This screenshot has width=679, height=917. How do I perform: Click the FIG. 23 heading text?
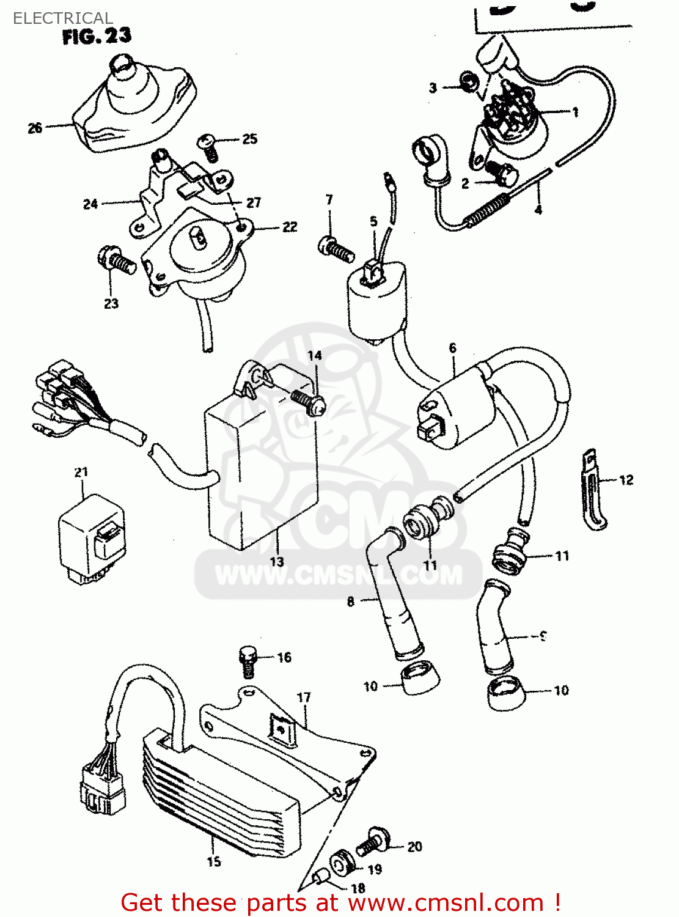pyautogui.click(x=97, y=37)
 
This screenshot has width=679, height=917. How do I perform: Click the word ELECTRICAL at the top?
pyautogui.click(x=62, y=18)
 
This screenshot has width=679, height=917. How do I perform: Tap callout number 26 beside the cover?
pyautogui.click(x=35, y=128)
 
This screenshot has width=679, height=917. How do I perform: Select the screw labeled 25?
pyautogui.click(x=208, y=147)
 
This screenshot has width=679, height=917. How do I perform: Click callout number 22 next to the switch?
pyautogui.click(x=290, y=227)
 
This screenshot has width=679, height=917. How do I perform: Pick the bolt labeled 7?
pyautogui.click(x=336, y=248)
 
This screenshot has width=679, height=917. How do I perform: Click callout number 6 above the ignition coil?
pyautogui.click(x=452, y=348)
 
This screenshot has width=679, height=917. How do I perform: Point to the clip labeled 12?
pyautogui.click(x=591, y=489)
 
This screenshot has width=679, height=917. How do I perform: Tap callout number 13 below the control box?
pyautogui.click(x=277, y=561)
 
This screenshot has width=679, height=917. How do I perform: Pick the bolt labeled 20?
pyautogui.click(x=373, y=843)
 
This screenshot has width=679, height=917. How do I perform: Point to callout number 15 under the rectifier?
pyautogui.click(x=214, y=861)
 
